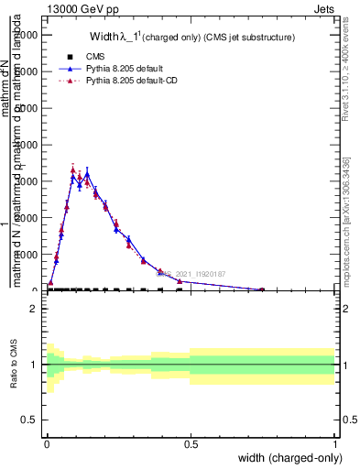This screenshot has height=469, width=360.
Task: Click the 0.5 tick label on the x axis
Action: click(190, 444)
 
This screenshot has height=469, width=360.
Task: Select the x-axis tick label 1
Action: click(334, 444)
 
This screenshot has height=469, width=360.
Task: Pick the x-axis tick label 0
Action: click(46, 444)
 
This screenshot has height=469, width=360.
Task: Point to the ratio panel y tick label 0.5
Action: click(29, 420)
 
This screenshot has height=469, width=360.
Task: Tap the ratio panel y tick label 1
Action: click(33, 365)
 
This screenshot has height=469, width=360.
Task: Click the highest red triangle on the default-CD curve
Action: click(73, 169)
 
